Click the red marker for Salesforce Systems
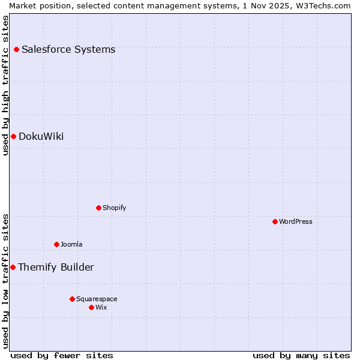(x=16, y=49)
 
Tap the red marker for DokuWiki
(x=13, y=136)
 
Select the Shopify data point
(x=98, y=208)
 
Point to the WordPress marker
(x=275, y=221)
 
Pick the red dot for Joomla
(x=56, y=244)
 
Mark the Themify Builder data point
(x=13, y=267)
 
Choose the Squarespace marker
(x=72, y=299)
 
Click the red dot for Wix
(x=91, y=307)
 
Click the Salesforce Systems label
(x=68, y=49)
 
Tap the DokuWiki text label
(x=41, y=136)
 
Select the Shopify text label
(x=114, y=208)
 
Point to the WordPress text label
(x=296, y=221)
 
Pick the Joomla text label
(x=71, y=244)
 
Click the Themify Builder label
(x=56, y=267)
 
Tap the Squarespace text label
(x=97, y=299)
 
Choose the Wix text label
(x=101, y=307)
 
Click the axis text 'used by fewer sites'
(x=62, y=355)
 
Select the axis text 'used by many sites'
(x=301, y=355)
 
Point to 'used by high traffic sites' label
(x=5, y=85)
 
